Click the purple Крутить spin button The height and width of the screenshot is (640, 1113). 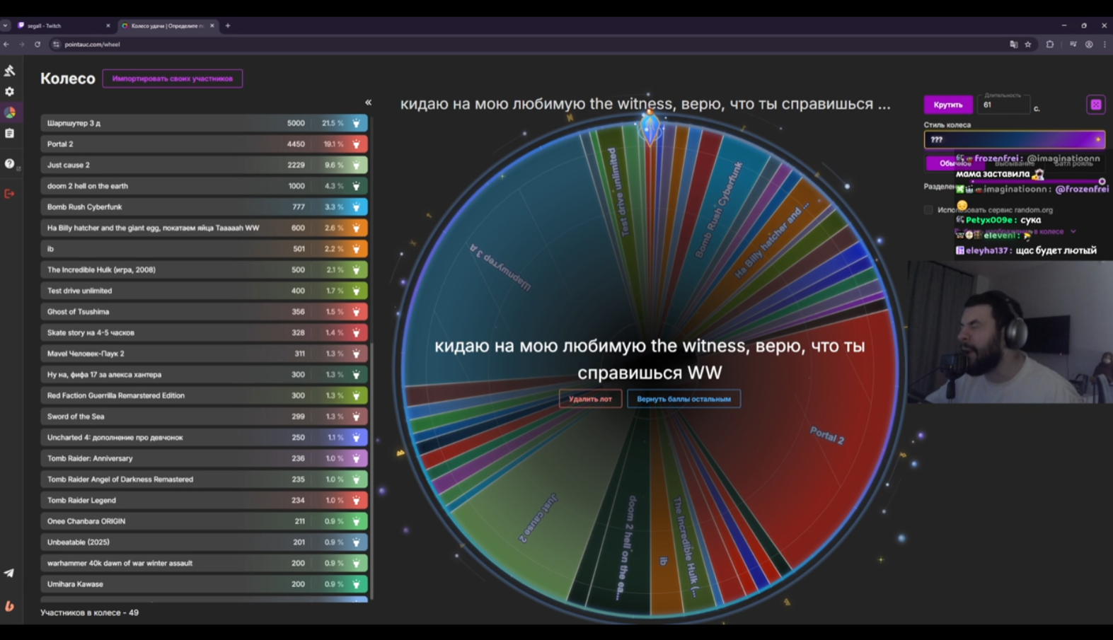tap(947, 105)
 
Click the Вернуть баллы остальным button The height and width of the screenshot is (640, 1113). tap(684, 399)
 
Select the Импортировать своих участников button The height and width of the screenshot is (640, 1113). tap(172, 78)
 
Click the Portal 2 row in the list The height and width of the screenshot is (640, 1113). tap(163, 144)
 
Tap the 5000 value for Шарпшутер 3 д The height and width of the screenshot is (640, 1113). tap(296, 123)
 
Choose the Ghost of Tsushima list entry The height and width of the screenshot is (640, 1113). tap(163, 312)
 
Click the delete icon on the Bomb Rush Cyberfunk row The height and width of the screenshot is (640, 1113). tap(356, 207)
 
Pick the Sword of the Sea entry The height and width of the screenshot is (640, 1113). tap(163, 417)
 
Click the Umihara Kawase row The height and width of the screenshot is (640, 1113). tap(163, 584)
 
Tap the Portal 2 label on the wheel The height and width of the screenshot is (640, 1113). tap(826, 436)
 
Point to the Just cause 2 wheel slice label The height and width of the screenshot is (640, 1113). tap(538, 518)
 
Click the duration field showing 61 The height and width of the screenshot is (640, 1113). tap(1002, 105)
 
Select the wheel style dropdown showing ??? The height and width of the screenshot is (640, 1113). tap(1014, 140)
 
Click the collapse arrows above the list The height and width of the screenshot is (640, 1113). tap(368, 103)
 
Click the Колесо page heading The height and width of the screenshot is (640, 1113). tap(67, 78)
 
